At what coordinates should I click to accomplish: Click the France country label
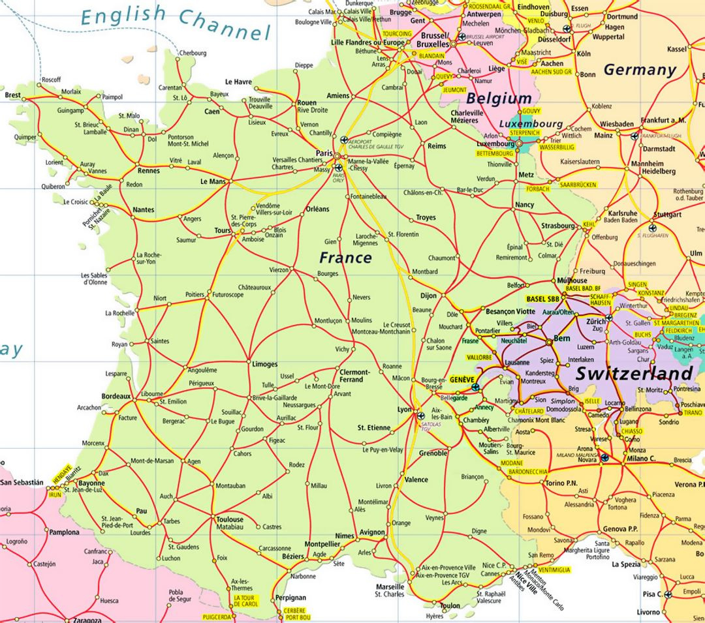tap(345, 258)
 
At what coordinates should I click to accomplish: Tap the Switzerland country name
tap(633, 374)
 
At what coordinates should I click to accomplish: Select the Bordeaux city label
tap(116, 396)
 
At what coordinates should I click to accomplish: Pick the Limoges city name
tap(264, 364)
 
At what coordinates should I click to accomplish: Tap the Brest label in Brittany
tap(12, 95)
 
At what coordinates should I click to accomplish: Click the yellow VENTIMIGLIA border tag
tap(554, 570)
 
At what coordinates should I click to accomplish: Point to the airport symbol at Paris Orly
tap(338, 168)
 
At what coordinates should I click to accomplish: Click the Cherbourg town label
tap(193, 53)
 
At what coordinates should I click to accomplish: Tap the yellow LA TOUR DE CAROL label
tap(245, 601)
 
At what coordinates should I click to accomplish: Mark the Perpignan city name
tap(290, 597)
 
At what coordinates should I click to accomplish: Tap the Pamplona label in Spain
tap(64, 532)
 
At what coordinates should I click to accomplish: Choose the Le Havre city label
tap(238, 82)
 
